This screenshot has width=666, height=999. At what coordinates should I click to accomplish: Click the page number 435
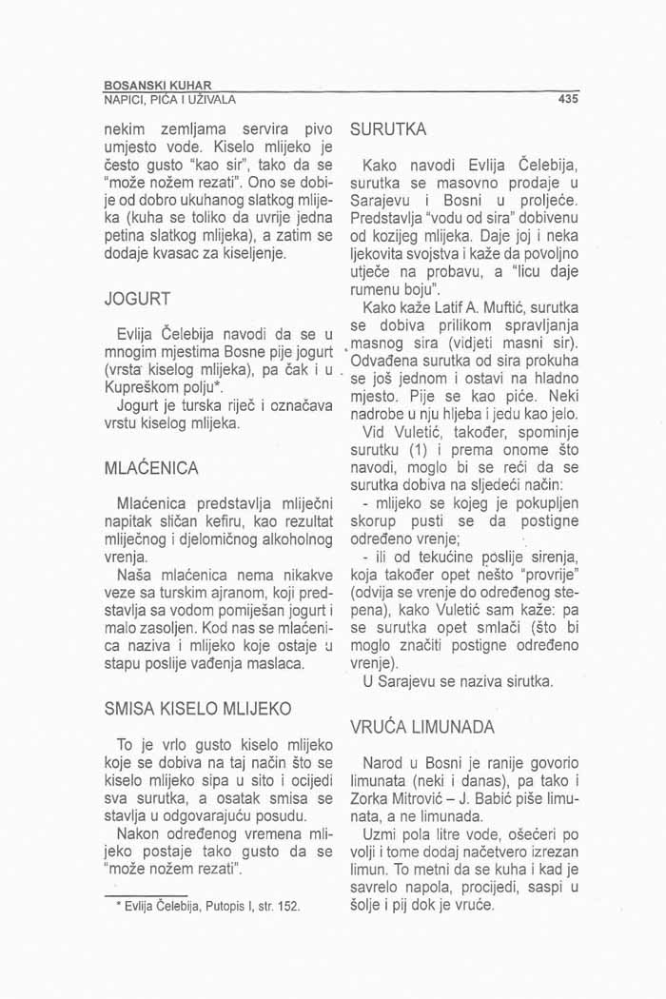coord(569,98)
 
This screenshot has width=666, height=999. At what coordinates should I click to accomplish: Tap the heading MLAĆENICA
coord(152,468)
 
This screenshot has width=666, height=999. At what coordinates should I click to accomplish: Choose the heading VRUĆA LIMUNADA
coord(422,728)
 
